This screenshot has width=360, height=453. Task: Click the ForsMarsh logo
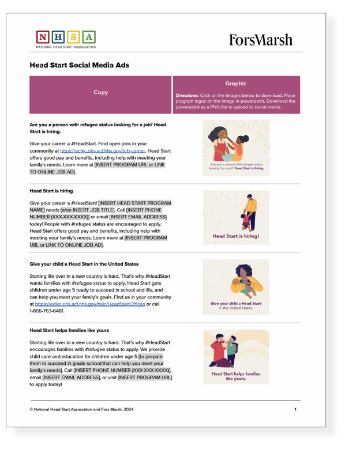260,40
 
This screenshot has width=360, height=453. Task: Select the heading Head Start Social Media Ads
79,65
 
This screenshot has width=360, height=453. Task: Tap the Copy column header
100,92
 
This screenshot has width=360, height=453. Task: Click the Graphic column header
236,84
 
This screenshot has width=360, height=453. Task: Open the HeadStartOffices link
89,303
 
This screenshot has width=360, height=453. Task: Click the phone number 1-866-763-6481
47,311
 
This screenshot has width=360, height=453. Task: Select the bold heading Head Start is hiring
51,190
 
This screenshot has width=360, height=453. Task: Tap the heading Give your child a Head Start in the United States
84,263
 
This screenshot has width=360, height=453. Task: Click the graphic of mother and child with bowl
235,147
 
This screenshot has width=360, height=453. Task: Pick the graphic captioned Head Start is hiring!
235,217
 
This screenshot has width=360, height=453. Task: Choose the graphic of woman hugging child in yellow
235,286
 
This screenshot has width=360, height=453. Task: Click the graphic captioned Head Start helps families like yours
235,356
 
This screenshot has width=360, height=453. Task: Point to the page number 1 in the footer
295,409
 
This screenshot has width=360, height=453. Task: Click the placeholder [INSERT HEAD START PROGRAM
134,203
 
